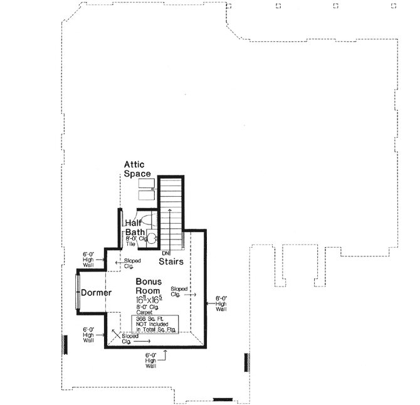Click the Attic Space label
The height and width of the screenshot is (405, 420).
click(x=137, y=169)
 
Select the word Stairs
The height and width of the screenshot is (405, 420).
click(x=171, y=260)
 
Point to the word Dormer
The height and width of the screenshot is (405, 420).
click(x=96, y=293)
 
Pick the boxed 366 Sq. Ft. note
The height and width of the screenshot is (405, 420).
click(x=155, y=323)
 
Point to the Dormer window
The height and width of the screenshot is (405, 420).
click(x=78, y=291)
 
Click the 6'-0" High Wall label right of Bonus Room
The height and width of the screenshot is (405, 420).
click(x=220, y=303)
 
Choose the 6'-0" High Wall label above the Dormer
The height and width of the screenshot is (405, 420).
click(x=88, y=259)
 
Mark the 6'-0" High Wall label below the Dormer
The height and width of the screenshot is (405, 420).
click(x=88, y=334)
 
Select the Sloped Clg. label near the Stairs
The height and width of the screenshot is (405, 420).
click(x=180, y=291)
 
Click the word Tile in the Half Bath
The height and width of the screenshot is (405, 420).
click(x=130, y=245)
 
